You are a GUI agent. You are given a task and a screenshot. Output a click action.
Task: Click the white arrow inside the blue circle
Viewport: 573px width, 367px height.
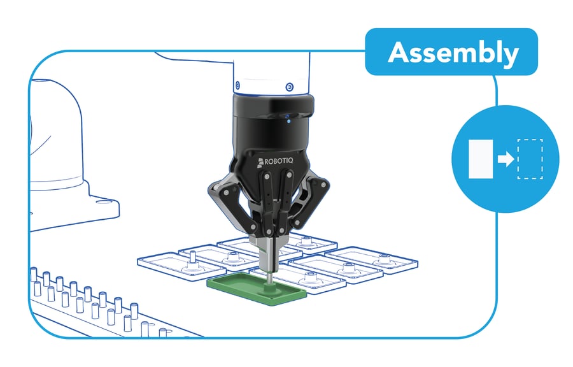pyautogui.click(x=506, y=159)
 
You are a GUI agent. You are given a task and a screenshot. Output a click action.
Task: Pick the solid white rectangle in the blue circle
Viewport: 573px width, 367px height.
pyautogui.click(x=479, y=159)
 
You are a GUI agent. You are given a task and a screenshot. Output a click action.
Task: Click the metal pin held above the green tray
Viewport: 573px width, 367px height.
pyautogui.click(x=270, y=278)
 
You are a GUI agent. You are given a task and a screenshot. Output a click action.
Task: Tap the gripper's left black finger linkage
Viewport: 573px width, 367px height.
pyautogui.click(x=223, y=197)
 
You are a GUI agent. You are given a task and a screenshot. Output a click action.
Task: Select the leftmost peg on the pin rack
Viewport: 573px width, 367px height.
pyautogui.click(x=34, y=277)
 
